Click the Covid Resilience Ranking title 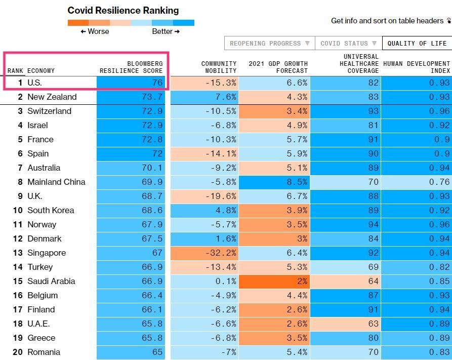click(123, 10)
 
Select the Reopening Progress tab click(269, 44)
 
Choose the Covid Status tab click(348, 44)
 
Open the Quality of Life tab click(417, 44)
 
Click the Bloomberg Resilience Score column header click(131, 67)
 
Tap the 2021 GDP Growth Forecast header click(278, 67)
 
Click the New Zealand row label click(52, 97)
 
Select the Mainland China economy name click(56, 182)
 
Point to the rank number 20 click(18, 352)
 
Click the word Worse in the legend click(98, 31)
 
